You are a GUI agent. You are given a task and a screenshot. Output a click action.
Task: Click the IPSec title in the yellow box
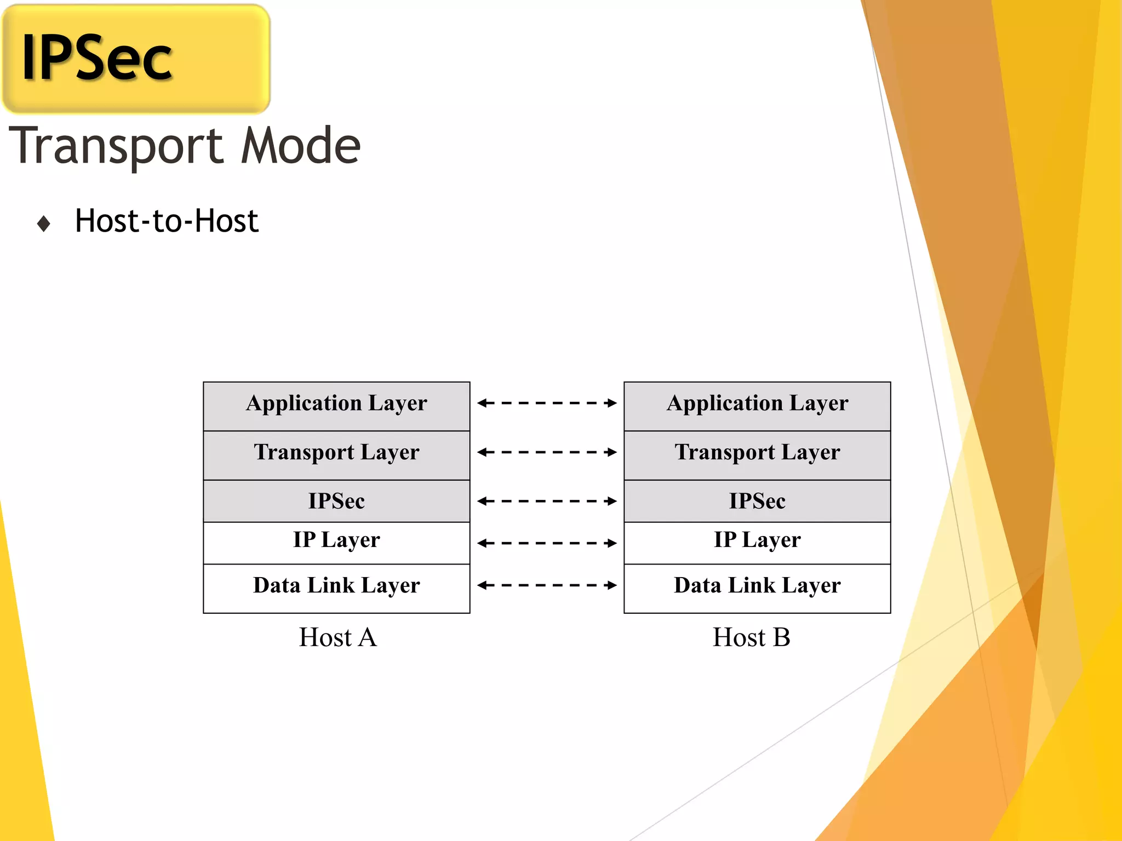[96, 58]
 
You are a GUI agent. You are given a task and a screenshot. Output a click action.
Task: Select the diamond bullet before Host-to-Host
[44, 223]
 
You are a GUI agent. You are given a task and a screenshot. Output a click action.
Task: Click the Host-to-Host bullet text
[167, 221]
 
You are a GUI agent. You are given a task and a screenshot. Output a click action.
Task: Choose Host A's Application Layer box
[336, 406]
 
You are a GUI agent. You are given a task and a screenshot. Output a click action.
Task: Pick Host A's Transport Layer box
[336, 455]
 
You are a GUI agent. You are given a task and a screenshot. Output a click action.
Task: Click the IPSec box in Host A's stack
[336, 501]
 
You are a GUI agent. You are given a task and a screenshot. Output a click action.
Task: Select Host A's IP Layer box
[336, 542]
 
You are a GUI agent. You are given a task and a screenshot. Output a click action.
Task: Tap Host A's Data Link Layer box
[336, 587]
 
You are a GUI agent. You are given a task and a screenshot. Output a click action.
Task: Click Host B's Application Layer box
[757, 406]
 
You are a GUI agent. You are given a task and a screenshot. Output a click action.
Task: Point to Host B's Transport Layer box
[757, 455]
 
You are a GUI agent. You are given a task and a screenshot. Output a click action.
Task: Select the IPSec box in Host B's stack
[757, 501]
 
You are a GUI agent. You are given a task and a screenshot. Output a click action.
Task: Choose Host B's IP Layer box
[757, 542]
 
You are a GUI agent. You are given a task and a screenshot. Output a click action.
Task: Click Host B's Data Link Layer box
[757, 587]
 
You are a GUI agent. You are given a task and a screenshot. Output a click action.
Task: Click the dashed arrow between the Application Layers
[547, 403]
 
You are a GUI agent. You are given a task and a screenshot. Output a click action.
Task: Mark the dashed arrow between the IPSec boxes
[547, 501]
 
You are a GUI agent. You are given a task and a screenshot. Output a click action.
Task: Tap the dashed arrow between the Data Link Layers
[547, 585]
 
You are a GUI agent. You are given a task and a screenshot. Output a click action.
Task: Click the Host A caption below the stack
[337, 637]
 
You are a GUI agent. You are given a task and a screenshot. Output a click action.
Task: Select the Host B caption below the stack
[751, 637]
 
